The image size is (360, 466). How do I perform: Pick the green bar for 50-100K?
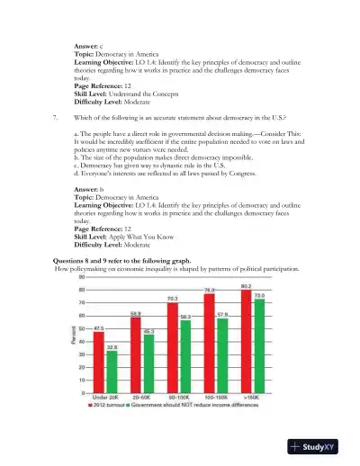pyautogui.click(x=184, y=356)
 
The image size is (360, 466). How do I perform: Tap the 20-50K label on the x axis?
pyautogui.click(x=141, y=398)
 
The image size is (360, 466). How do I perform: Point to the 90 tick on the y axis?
pyautogui.click(x=83, y=277)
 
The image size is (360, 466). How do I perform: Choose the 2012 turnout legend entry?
pyautogui.click(x=112, y=406)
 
